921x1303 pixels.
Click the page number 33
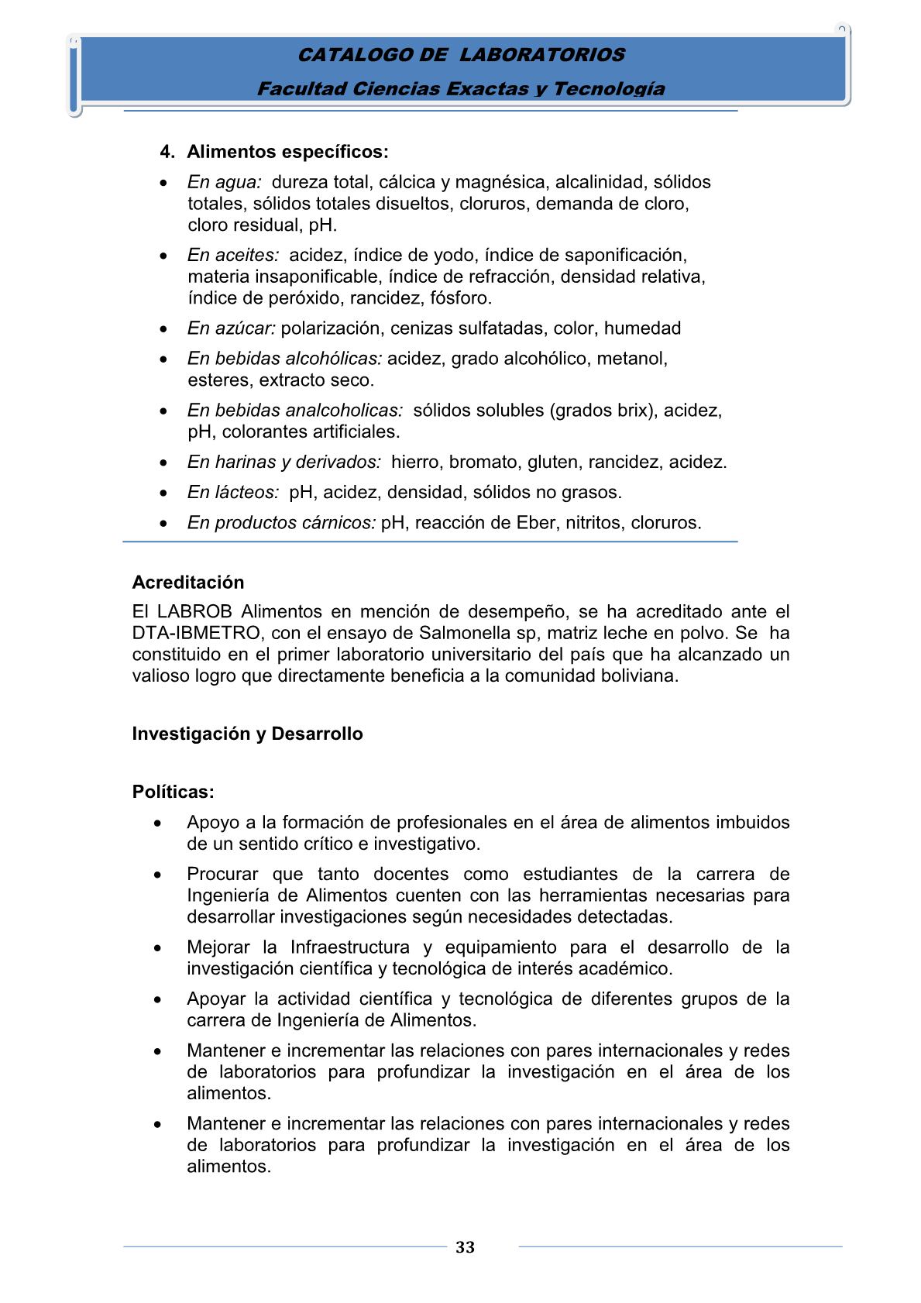(465, 1247)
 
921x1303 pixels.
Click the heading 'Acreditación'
(188, 583)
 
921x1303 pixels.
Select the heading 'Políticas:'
(173, 792)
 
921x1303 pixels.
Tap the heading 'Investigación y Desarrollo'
(247, 734)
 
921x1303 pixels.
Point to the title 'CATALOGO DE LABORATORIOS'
(461, 55)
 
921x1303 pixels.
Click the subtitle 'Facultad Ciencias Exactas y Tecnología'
(461, 89)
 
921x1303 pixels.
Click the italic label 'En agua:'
(225, 182)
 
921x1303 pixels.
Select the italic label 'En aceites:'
(233, 255)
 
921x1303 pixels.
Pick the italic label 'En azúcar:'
(232, 328)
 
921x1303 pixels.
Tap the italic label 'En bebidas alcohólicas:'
(284, 359)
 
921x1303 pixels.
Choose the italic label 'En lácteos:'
(233, 492)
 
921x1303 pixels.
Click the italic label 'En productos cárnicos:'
(281, 523)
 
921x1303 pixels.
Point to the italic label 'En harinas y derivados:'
(284, 462)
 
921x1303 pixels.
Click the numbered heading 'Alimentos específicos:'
(287, 152)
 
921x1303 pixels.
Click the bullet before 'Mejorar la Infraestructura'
(159, 947)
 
